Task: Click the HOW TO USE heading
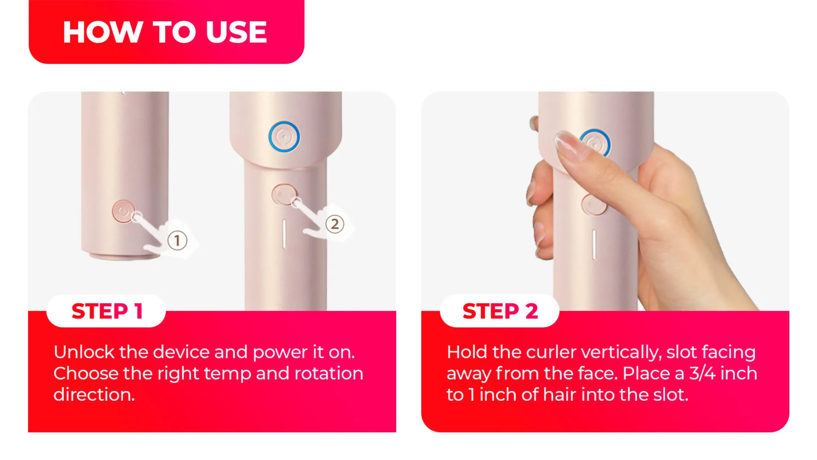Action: point(165,32)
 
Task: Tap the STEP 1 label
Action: point(107,311)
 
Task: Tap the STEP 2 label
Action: point(500,311)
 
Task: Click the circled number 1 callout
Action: point(177,240)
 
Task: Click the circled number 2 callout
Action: point(335,224)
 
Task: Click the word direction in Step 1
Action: point(94,395)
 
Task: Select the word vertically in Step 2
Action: point(621,353)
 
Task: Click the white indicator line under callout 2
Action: point(284,234)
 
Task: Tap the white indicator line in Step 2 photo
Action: point(594,245)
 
